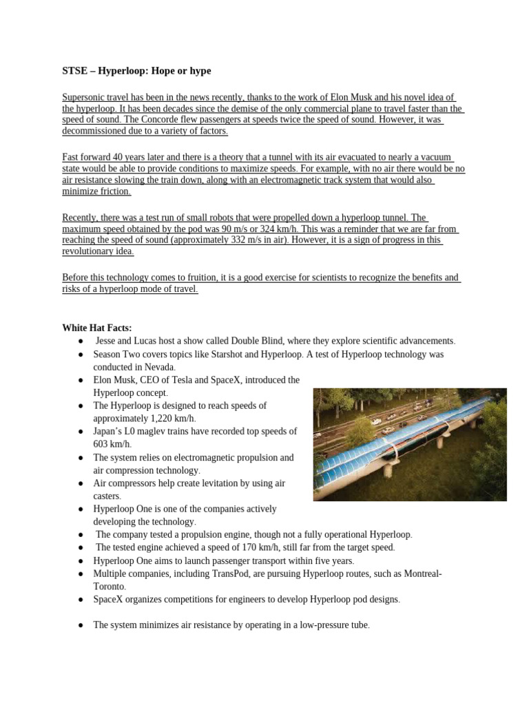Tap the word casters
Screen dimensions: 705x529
(106, 496)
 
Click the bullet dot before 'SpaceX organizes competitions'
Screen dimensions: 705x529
(81, 600)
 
